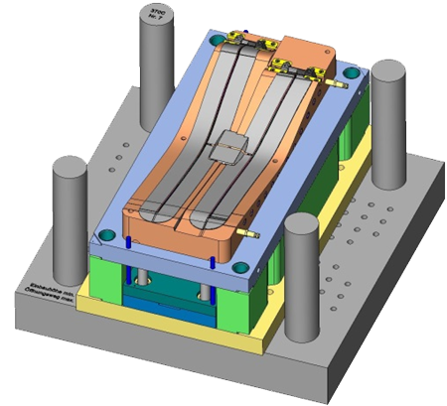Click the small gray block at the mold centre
(x=232, y=146)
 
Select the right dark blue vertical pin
(x=213, y=264)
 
